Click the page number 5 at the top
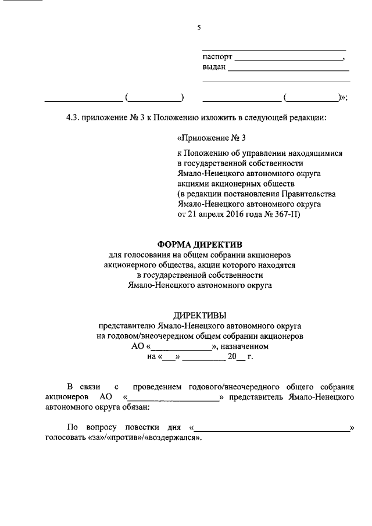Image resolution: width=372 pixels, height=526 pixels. click(x=199, y=27)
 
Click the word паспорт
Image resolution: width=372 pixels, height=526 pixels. click(x=217, y=58)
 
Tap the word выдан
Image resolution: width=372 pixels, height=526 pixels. click(x=214, y=69)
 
